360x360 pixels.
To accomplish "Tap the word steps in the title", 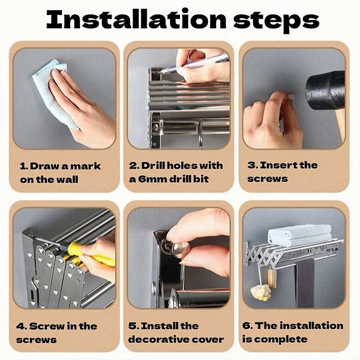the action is tap(276, 21).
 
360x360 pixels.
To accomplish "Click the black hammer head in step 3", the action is tap(325, 90).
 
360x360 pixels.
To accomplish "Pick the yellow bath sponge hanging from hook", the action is tap(261, 293).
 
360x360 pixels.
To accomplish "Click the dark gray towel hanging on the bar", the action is tap(305, 283).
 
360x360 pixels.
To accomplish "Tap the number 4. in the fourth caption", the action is tap(21, 326).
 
